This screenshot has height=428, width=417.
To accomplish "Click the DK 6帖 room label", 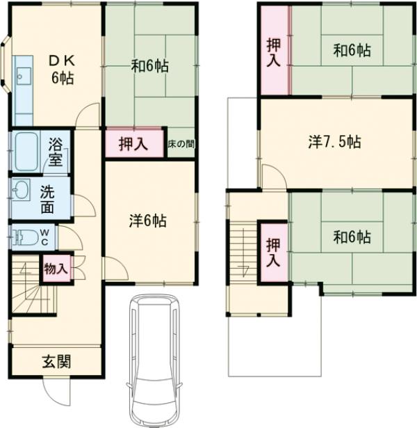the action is (x=62, y=70).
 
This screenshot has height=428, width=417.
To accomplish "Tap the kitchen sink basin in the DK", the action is (x=24, y=76).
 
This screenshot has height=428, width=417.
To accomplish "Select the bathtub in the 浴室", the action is (x=26, y=152).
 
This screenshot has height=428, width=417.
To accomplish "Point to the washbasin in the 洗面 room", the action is (x=21, y=189).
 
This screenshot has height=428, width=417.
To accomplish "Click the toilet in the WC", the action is (x=25, y=237).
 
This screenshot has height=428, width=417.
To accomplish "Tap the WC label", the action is (x=44, y=237).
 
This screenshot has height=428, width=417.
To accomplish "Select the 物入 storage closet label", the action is (x=56, y=269).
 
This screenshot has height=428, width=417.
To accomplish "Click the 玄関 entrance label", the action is (x=57, y=361).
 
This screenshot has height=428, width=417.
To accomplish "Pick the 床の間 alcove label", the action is (x=181, y=144).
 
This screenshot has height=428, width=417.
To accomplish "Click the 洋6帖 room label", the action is (x=147, y=221).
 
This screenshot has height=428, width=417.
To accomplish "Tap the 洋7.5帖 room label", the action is (x=335, y=142).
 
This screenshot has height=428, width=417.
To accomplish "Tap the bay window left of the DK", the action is (x=6, y=63).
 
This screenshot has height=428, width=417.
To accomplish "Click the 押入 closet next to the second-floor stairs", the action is (x=273, y=253).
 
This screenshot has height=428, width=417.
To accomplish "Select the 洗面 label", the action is (x=47, y=200).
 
